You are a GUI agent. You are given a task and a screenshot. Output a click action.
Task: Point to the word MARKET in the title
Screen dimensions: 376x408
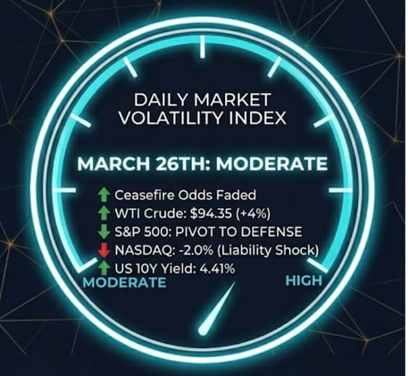coord(231,99)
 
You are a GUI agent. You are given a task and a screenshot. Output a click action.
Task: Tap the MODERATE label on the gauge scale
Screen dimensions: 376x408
coord(125,282)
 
